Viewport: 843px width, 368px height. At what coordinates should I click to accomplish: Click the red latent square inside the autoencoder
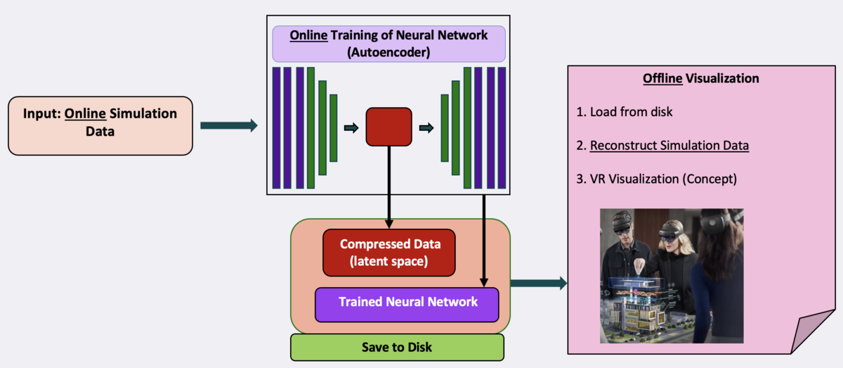388,127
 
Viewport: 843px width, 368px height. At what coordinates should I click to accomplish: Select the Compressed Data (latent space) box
389,253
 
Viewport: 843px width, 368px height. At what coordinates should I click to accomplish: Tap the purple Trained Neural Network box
407,303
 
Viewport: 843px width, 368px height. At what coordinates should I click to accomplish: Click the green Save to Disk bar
397,348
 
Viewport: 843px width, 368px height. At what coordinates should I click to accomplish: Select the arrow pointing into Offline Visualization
538,284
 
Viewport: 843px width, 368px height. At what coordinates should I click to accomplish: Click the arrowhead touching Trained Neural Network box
485,281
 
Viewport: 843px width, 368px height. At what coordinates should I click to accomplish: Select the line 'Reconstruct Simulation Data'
669,146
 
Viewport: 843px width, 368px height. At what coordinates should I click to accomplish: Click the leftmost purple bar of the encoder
276,127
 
